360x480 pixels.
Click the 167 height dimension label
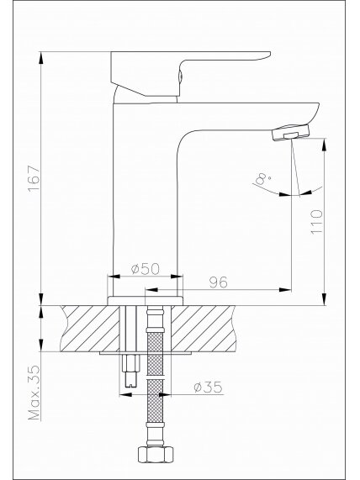pos(34,178)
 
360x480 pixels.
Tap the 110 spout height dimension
pos(317,222)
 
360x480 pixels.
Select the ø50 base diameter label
pos(146,269)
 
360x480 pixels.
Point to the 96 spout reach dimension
pos(219,282)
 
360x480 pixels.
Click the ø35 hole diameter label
pos(208,388)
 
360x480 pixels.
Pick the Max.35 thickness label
pos(34,393)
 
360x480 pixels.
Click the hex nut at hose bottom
pos(156,454)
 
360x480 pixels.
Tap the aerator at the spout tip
pos(291,133)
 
